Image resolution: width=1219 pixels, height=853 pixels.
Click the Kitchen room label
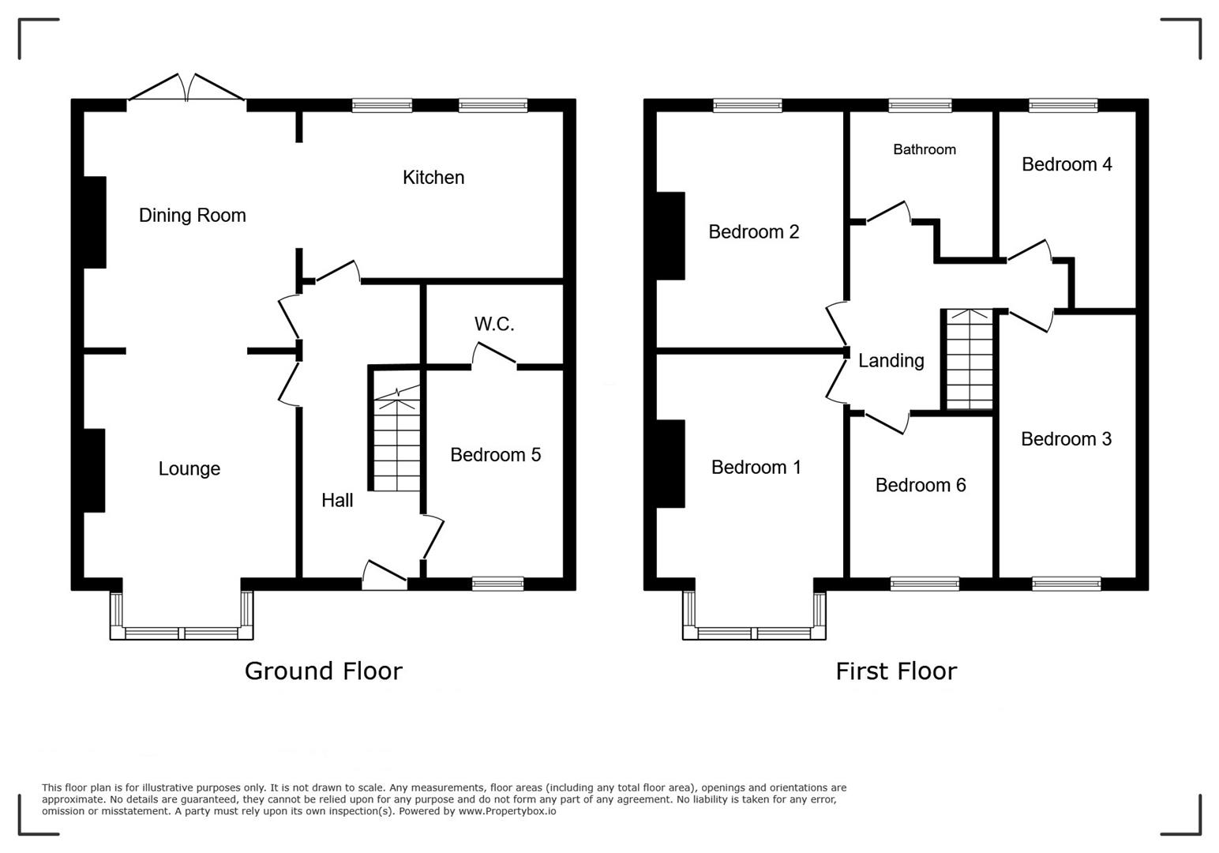[x=433, y=178]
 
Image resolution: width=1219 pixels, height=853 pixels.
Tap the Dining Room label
[x=192, y=216]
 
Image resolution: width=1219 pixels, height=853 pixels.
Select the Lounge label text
[x=189, y=468]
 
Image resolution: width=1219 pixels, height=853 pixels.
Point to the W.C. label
[x=494, y=324]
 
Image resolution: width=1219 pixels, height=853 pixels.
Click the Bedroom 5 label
[x=495, y=455]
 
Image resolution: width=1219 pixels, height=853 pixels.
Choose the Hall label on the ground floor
[x=337, y=500]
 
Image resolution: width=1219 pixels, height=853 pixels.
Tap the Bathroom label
[x=925, y=149]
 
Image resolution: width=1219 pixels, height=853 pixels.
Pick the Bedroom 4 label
[x=1067, y=164]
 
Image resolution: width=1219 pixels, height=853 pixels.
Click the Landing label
[x=891, y=361]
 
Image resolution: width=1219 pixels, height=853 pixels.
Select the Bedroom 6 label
[x=921, y=485]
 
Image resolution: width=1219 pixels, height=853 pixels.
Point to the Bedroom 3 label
[x=1066, y=439]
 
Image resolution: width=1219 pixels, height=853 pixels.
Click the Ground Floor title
[x=323, y=671]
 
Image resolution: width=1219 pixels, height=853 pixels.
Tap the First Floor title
[x=896, y=671]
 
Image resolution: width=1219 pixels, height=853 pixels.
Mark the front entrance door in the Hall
[x=384, y=576]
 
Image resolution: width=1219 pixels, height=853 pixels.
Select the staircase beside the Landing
[x=970, y=359]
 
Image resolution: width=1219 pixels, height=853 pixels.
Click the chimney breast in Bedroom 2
[x=670, y=235]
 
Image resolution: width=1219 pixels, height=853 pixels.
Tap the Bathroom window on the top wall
[x=920, y=105]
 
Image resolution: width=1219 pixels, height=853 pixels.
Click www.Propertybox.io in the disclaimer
[x=498, y=811]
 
